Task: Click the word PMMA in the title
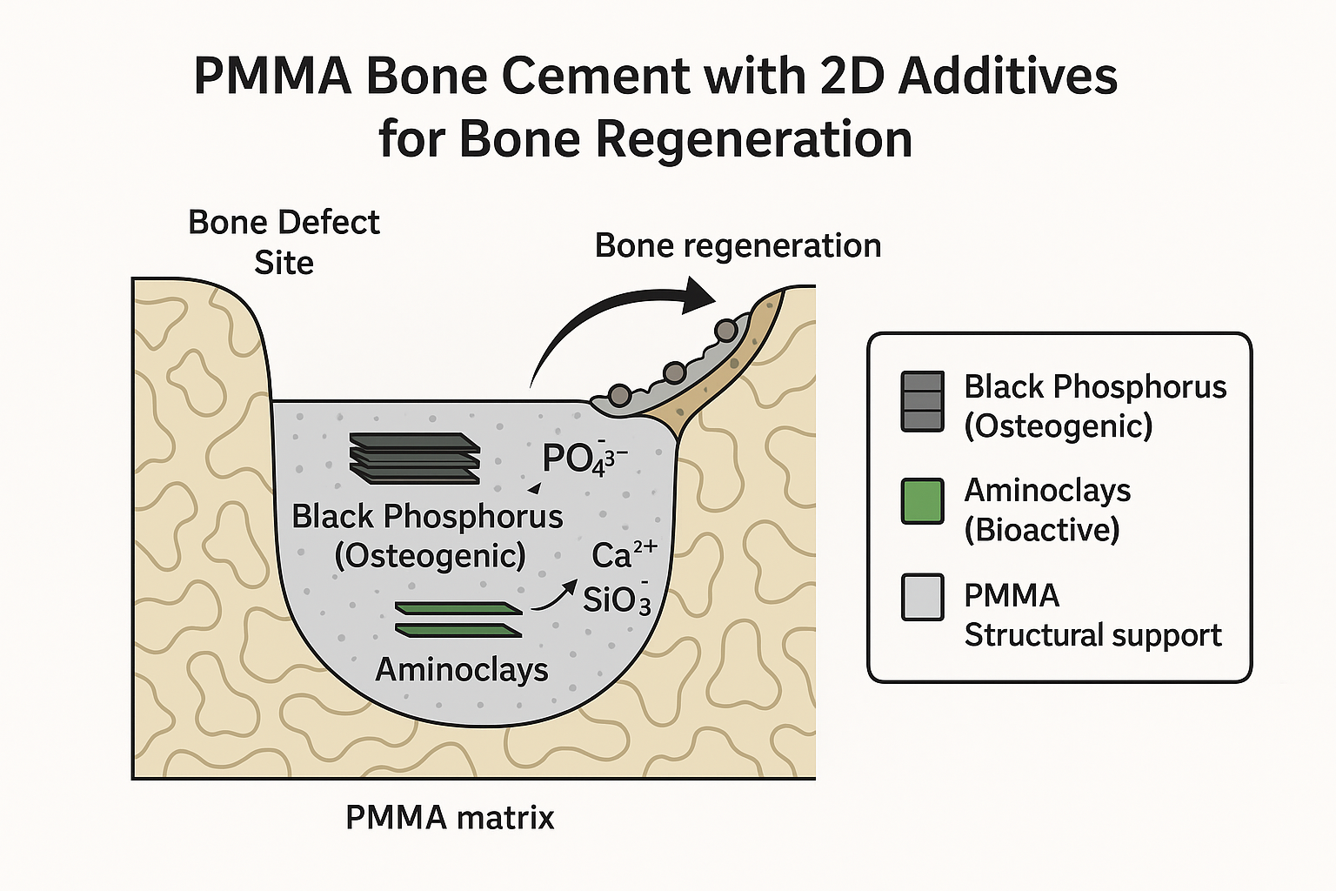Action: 272,76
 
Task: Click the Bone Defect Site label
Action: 284,242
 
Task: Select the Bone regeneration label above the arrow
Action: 738,246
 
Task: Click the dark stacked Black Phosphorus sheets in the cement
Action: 415,459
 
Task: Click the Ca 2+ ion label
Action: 624,554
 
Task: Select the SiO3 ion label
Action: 617,599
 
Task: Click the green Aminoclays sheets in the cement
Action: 458,619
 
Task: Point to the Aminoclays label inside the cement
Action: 462,669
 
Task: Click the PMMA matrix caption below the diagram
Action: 450,818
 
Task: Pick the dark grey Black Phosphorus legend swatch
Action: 923,401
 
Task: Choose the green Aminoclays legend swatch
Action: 923,501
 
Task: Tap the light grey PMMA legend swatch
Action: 923,597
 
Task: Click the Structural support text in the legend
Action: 1092,636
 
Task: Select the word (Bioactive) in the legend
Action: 1042,530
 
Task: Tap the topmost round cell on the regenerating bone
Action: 725,330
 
